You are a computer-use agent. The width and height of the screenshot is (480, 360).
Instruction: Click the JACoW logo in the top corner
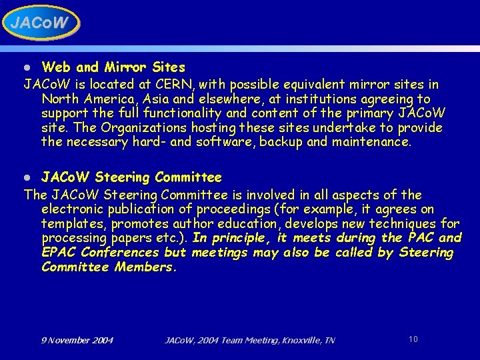click(40, 23)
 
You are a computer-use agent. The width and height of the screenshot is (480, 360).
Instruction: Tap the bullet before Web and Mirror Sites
click(27, 68)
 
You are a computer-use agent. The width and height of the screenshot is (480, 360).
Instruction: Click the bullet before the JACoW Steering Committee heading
click(27, 178)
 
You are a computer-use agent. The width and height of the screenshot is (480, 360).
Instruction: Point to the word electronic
click(71, 209)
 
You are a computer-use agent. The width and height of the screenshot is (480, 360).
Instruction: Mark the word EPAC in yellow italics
click(59, 253)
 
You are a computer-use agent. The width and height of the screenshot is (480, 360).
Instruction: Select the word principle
click(238, 238)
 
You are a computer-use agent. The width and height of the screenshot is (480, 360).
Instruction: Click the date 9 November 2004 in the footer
click(77, 341)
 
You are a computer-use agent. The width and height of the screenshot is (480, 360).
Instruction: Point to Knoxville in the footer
click(296, 341)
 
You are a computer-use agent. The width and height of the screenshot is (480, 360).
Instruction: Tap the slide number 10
click(413, 339)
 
